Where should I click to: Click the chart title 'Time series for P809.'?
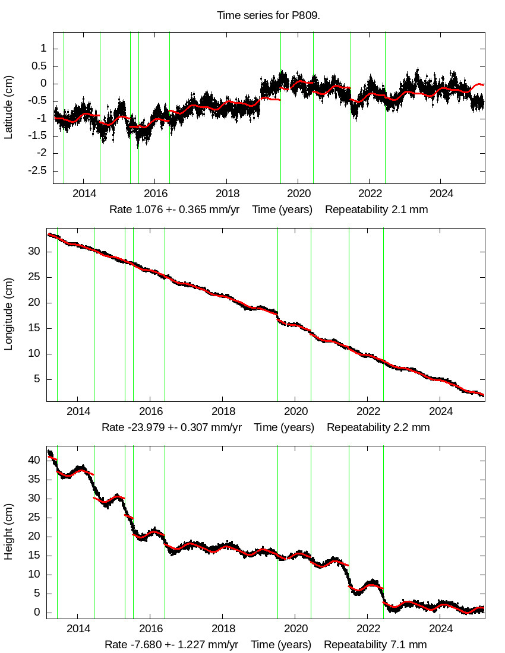click(269, 15)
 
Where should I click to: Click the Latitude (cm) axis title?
click(9, 107)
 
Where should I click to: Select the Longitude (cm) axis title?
click(9, 315)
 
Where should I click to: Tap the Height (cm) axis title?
click(9, 532)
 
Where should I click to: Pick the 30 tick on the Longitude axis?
click(35, 252)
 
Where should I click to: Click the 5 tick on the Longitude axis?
click(38, 379)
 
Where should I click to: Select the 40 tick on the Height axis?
click(35, 460)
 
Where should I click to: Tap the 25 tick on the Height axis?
click(35, 517)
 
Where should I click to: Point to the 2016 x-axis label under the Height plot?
click(151, 629)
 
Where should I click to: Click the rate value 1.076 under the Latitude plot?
click(149, 210)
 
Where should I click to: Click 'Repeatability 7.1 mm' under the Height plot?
click(375, 645)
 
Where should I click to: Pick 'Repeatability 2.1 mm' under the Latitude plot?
click(376, 210)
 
